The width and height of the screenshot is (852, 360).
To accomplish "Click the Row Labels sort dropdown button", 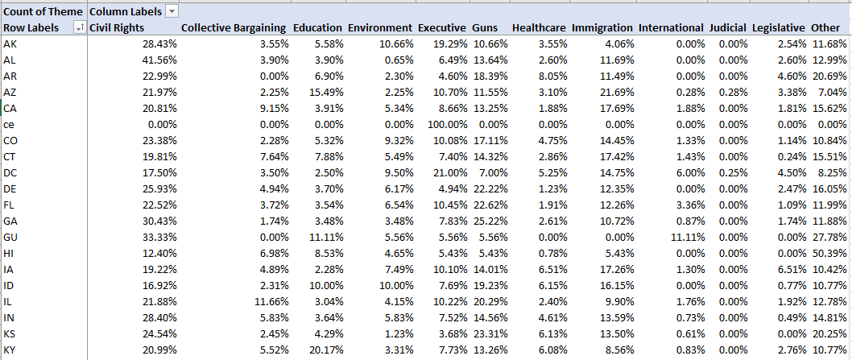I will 79,28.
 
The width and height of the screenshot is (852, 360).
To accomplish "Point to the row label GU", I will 10,238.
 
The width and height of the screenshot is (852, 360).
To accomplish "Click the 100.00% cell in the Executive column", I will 441,125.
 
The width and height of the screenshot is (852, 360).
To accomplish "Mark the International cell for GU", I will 688,238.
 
